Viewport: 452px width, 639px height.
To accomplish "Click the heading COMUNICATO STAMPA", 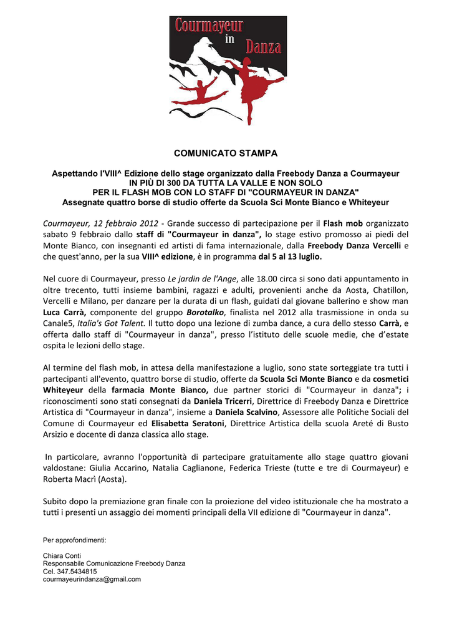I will (x=226, y=154).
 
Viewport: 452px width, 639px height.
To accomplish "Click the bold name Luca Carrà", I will (x=64, y=312).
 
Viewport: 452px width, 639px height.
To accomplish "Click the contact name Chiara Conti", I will (x=62, y=555).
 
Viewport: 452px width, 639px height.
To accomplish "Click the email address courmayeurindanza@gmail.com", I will (x=92, y=579).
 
